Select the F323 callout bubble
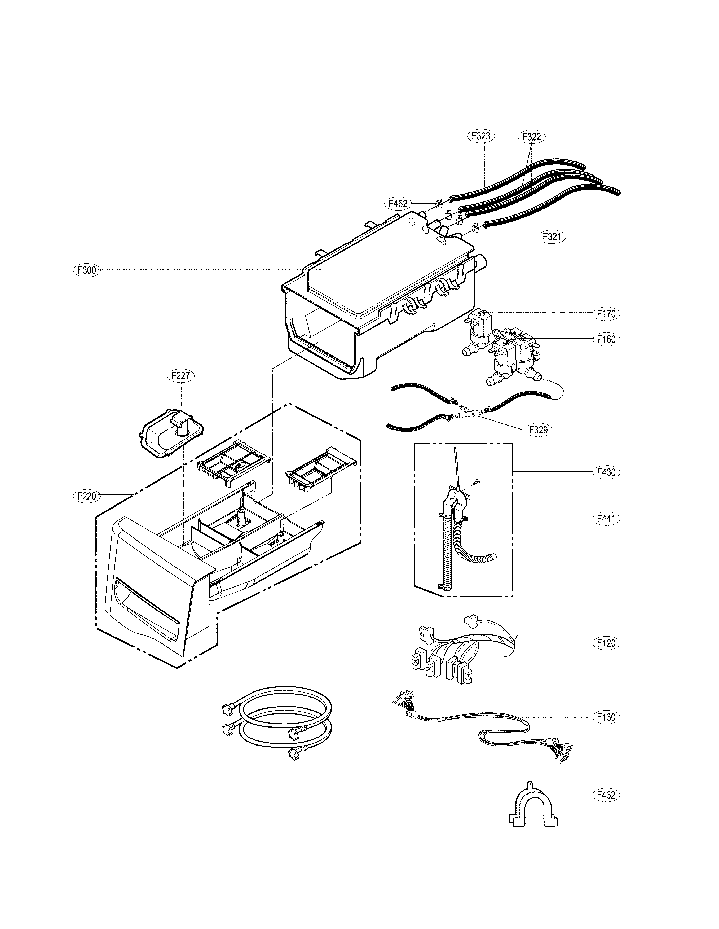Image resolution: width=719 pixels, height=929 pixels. click(481, 136)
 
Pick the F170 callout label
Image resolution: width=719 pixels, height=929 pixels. click(606, 314)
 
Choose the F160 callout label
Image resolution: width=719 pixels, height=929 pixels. click(606, 339)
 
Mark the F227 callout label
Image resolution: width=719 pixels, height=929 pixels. click(180, 376)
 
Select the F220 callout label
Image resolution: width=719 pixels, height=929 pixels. click(87, 496)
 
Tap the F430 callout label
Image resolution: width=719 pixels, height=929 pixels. click(606, 472)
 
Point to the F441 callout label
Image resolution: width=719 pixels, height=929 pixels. click(606, 519)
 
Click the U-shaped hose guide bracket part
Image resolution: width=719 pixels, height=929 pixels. click(533, 808)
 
